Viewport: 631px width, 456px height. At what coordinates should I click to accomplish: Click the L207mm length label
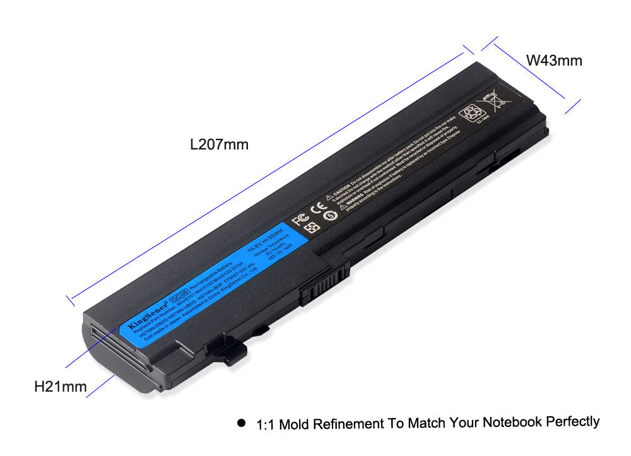point(219,144)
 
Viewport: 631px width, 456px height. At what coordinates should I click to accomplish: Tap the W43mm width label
point(554,61)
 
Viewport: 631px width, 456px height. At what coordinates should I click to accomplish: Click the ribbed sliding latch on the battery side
point(325,286)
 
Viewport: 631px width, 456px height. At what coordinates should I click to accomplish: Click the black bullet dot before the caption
point(241,423)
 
